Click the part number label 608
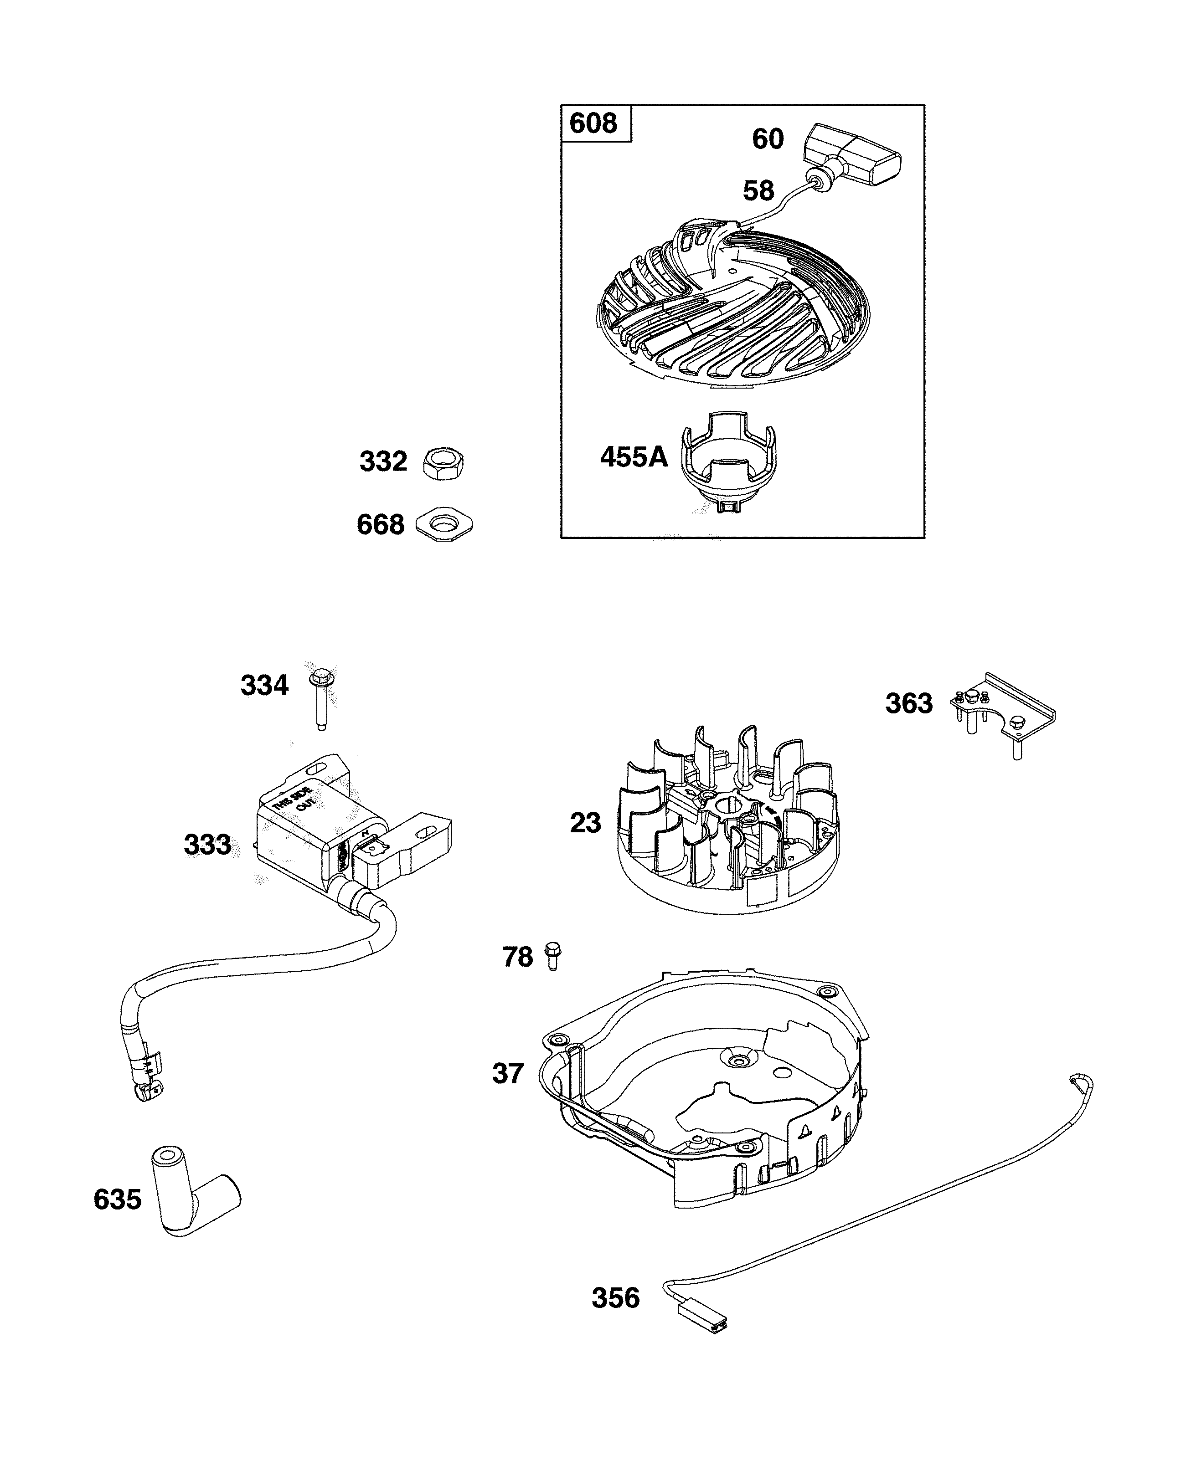(593, 123)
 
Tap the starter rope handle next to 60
(855, 156)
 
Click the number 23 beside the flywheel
(585, 823)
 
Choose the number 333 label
(207, 845)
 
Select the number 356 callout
(615, 1298)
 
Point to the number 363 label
(908, 703)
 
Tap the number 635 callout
(117, 1200)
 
